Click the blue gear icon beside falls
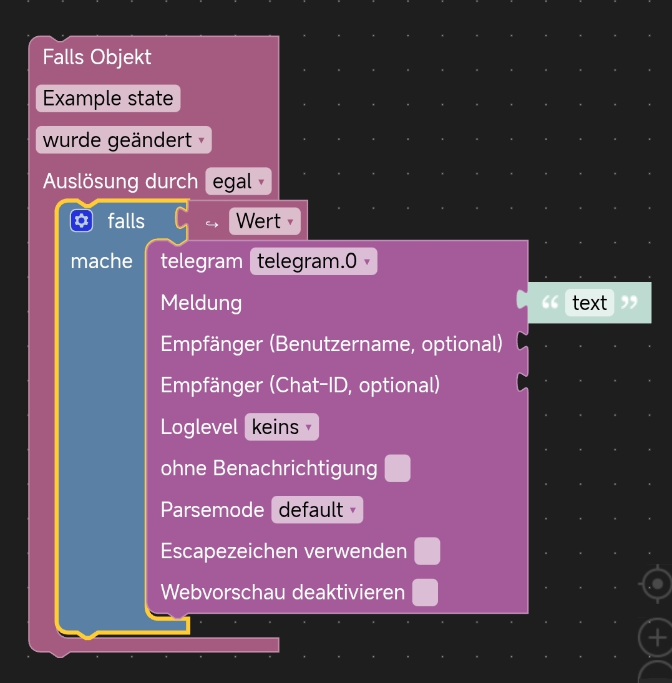(81, 221)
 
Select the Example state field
(108, 99)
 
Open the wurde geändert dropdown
(124, 140)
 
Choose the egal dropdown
(238, 182)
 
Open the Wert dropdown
(264, 221)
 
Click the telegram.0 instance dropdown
(313, 261)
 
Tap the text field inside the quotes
(589, 303)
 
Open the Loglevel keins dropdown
(281, 427)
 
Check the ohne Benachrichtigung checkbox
(397, 468)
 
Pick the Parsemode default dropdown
(317, 510)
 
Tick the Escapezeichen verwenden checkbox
(427, 551)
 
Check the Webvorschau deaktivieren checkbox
(425, 593)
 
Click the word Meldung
(201, 303)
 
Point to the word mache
(101, 261)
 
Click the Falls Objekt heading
(97, 57)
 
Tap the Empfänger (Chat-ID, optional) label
(300, 385)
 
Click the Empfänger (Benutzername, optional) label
(331, 344)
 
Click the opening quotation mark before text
(550, 303)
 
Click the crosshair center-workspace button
(657, 584)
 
